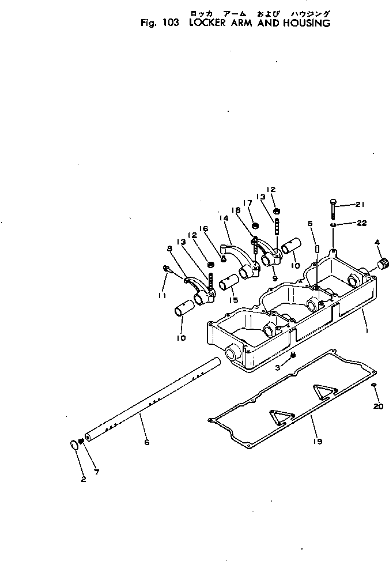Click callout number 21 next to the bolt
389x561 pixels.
(360, 205)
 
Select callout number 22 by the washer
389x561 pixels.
(361, 223)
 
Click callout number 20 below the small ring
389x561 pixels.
(377, 406)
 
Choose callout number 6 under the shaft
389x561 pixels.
(146, 442)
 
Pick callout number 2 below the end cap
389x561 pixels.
(96, 472)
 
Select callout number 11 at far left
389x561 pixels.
(163, 295)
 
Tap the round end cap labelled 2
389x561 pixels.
(75, 445)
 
